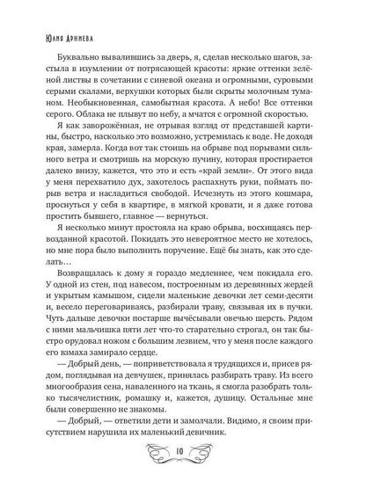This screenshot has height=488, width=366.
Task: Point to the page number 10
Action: coord(183,462)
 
